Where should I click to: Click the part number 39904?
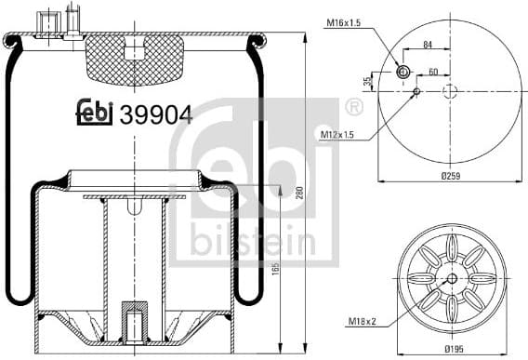tap(156, 113)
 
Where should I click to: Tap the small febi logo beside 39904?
tap(95, 113)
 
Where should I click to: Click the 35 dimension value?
tap(368, 82)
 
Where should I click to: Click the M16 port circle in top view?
tap(403, 73)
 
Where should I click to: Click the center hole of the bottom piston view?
tap(451, 279)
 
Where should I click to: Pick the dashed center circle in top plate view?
tap(450, 91)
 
